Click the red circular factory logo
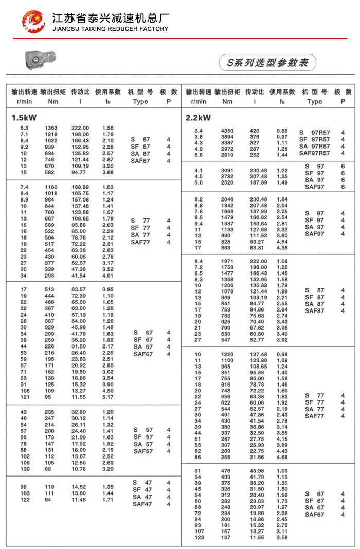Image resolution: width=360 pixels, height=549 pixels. (33, 22)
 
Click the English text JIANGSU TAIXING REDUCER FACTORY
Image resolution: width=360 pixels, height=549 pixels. (111, 29)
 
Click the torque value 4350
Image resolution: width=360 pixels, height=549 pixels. (227, 131)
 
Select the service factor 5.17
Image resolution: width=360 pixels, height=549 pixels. (108, 397)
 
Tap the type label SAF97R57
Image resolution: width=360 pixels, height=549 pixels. (314, 153)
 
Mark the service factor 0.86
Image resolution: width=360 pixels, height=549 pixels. (282, 131)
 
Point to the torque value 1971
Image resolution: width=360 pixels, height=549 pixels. (227, 261)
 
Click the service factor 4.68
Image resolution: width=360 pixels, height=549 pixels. (282, 457)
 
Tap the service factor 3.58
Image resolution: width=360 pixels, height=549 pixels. (282, 537)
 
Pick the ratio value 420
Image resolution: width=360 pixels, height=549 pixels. (255, 131)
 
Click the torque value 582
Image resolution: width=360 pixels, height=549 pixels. (50, 172)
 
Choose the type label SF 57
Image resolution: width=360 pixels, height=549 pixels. (143, 437)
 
